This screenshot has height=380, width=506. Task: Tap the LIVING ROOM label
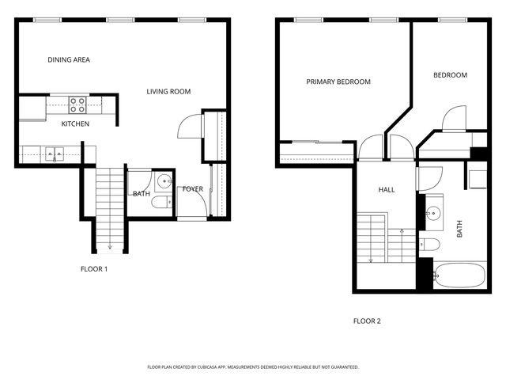[168, 92]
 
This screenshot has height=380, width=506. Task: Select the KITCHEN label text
[76, 124]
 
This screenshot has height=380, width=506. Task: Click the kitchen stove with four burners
[77, 104]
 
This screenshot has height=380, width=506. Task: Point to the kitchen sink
[54, 152]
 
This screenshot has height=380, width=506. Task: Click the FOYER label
[193, 189]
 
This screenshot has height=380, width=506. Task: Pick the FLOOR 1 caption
[94, 269]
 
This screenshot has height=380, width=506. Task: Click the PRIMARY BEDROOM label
[338, 82]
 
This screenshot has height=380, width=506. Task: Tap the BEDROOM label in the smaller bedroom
[450, 75]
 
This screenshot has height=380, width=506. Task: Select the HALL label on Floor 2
[387, 190]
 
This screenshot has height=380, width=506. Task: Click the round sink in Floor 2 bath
[433, 213]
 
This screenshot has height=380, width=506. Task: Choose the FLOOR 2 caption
[367, 321]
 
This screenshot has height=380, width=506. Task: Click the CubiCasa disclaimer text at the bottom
[253, 367]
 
